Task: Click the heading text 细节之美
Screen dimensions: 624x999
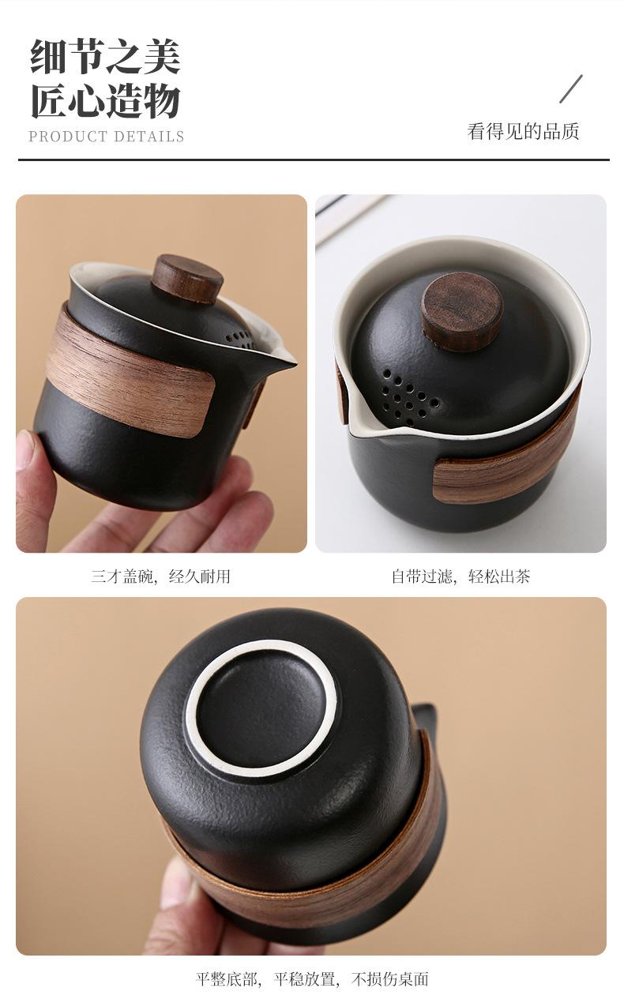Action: click(106, 56)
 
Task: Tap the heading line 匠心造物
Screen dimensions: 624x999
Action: click(106, 100)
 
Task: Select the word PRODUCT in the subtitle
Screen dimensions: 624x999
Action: click(68, 137)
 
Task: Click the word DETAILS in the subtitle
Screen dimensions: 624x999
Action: click(149, 137)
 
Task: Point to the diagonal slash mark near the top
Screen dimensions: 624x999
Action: click(571, 88)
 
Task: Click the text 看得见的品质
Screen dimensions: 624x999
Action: click(523, 132)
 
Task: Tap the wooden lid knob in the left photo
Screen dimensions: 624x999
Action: click(187, 278)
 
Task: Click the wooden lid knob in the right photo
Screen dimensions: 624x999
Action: click(463, 311)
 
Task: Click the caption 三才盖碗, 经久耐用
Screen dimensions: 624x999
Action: click(160, 576)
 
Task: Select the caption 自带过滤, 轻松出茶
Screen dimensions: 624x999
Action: click(460, 576)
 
